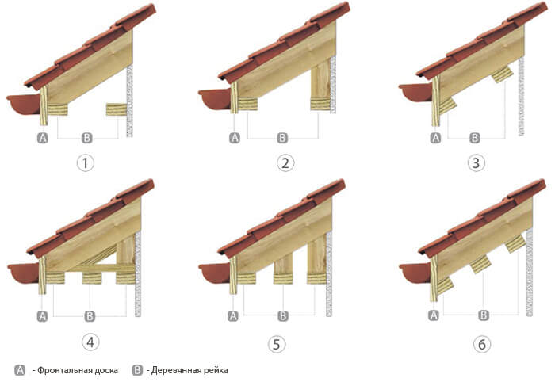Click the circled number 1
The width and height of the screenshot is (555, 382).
[x=85, y=163]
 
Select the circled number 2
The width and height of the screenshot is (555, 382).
[x=285, y=163]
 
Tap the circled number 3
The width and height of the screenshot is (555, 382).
[x=476, y=163]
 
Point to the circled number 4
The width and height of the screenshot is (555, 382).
[x=90, y=342]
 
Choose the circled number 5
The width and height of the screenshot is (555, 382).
[x=277, y=344]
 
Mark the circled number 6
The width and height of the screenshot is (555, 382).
[x=482, y=344]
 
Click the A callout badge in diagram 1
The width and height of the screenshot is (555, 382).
[x=43, y=138]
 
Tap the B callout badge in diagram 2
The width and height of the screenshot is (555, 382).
[x=282, y=138]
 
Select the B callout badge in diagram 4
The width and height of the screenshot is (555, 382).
[x=90, y=316]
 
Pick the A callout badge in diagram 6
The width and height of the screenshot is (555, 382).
[x=434, y=315]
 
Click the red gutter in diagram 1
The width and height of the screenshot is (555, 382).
[x=23, y=104]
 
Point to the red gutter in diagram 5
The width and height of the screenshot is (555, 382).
[x=215, y=273]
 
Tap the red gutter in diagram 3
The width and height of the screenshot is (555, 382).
[x=415, y=92]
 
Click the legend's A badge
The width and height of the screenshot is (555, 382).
[x=20, y=370]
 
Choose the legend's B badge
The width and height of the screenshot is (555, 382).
[x=137, y=370]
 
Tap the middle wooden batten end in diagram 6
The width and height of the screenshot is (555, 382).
[x=480, y=265]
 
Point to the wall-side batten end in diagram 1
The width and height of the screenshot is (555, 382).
[x=117, y=109]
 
